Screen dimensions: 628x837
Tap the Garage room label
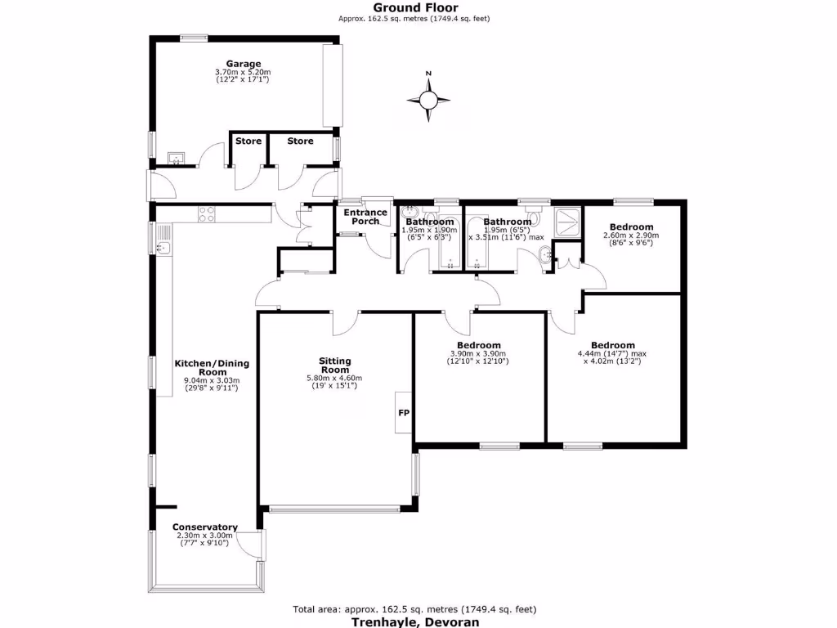[244, 64]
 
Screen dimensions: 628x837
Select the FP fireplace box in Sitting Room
[404, 413]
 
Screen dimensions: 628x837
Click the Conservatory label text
[205, 527]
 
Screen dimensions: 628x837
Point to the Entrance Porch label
[365, 218]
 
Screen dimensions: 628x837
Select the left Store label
[248, 141]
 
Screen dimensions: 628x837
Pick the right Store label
[300, 141]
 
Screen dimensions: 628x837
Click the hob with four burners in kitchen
[208, 214]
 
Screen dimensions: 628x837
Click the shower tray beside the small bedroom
[568, 222]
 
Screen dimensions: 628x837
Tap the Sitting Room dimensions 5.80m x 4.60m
[335, 379]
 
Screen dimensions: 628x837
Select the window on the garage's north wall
[194, 37]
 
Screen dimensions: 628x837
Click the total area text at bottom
[414, 609]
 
